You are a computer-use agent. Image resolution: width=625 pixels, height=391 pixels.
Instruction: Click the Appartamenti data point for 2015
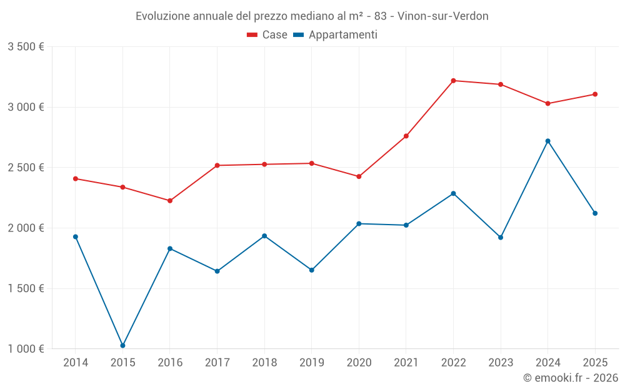click(122, 345)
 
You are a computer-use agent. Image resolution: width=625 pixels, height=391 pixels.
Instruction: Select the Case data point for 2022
click(453, 81)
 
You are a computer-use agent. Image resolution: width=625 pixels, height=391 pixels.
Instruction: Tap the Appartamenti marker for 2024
click(548, 141)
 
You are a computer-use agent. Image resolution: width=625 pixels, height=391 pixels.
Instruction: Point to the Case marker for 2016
click(170, 201)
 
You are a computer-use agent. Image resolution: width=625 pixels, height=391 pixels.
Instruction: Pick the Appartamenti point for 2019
click(312, 270)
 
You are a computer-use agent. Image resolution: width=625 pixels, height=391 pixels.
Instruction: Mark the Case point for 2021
click(406, 136)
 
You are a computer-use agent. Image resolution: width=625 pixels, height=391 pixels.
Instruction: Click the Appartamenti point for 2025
click(595, 213)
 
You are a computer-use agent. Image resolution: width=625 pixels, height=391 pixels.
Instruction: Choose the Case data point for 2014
click(76, 179)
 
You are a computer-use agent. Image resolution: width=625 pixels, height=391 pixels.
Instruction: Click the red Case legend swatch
click(252, 35)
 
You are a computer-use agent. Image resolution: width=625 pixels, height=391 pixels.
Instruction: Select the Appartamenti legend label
click(342, 35)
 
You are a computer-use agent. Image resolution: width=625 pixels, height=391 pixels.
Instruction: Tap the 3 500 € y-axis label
click(26, 47)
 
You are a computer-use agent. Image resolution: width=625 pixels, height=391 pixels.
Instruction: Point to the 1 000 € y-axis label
click(26, 349)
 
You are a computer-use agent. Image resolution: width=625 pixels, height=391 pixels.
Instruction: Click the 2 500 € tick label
click(26, 168)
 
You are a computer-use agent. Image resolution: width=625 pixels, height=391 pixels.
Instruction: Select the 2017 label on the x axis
click(217, 363)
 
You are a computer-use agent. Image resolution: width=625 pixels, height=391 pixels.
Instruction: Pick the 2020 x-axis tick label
click(359, 363)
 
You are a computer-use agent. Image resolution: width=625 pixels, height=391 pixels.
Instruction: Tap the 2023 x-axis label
click(501, 363)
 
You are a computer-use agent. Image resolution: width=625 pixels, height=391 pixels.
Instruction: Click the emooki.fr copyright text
click(571, 378)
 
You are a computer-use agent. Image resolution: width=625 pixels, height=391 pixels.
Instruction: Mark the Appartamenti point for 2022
click(453, 193)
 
